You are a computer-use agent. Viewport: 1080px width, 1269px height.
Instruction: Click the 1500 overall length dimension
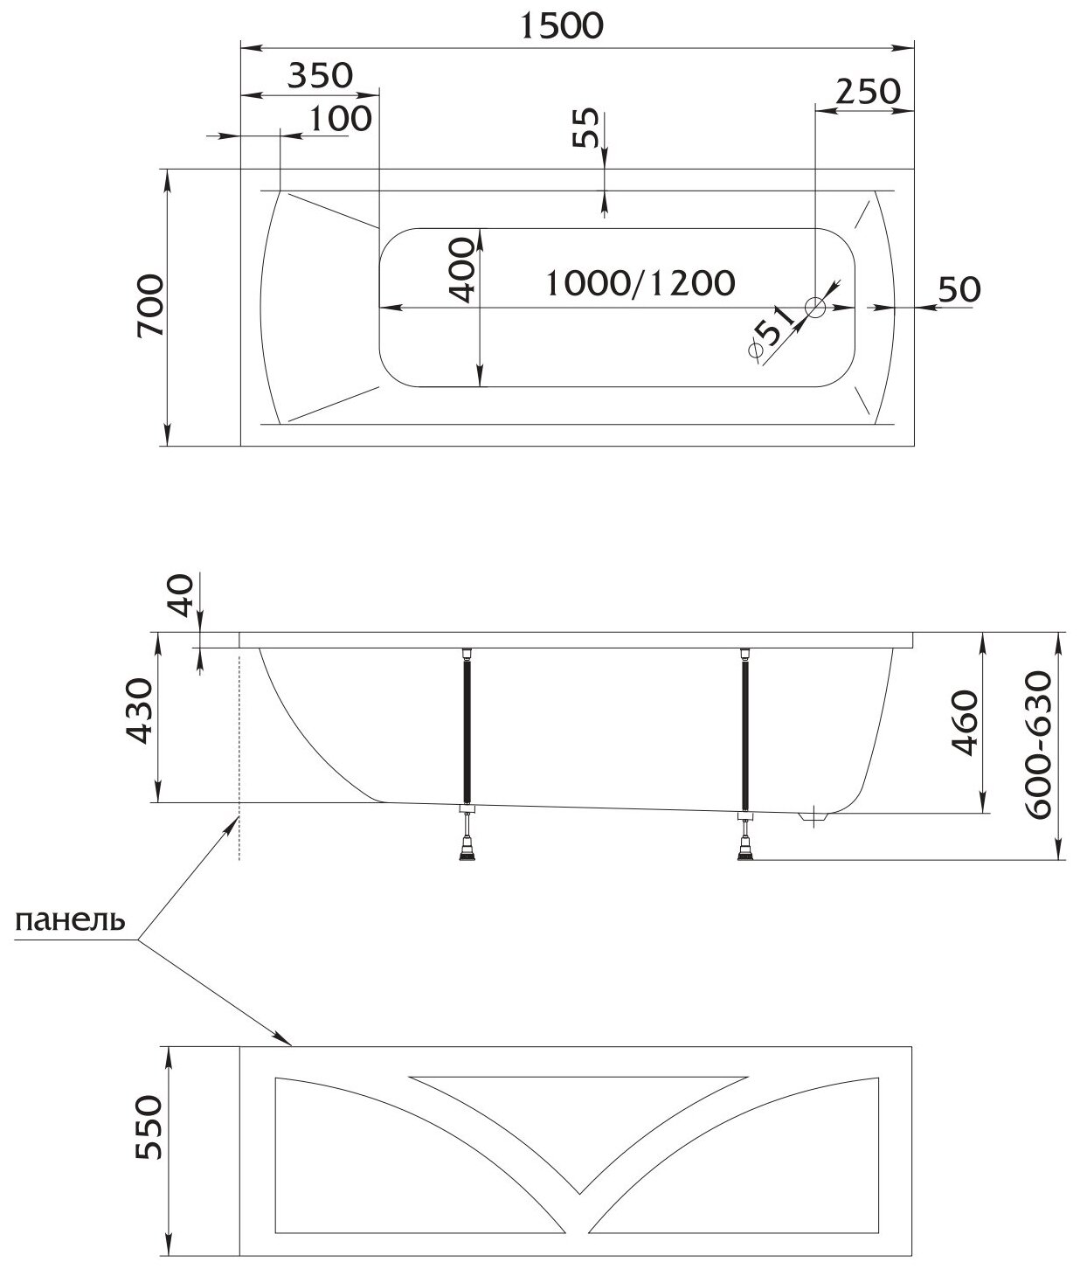562,26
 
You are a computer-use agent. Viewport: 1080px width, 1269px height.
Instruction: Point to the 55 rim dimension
587,128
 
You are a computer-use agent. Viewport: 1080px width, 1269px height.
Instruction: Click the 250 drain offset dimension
867,91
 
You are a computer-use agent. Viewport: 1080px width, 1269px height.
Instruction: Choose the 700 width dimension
150,306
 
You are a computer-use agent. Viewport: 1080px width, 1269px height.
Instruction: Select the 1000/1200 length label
640,282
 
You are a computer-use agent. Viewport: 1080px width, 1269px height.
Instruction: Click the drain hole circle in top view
815,307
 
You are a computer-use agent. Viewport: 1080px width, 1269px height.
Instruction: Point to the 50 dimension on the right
959,288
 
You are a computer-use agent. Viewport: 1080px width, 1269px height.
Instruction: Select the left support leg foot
469,850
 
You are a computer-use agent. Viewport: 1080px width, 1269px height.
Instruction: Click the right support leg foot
745,850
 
